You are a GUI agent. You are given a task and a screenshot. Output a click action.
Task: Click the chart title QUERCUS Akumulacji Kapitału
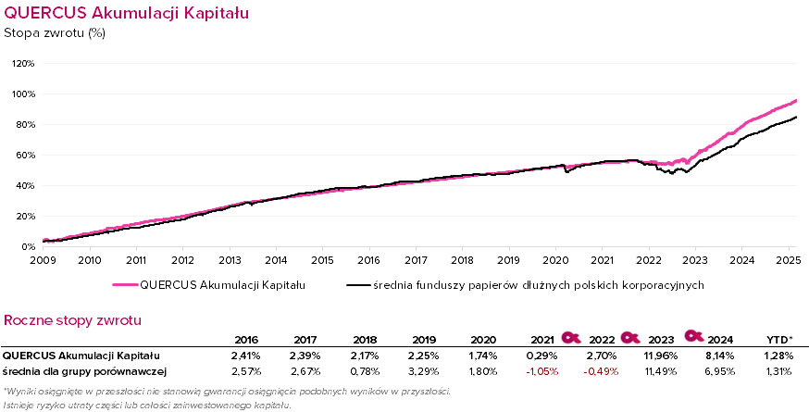pyautogui.click(x=126, y=14)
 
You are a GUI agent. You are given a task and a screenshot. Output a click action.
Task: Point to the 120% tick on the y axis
pyautogui.click(x=23, y=64)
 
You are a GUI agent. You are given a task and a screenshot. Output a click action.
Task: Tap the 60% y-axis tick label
pyautogui.click(x=24, y=156)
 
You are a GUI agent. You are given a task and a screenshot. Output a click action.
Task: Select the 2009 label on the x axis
pyautogui.click(x=43, y=260)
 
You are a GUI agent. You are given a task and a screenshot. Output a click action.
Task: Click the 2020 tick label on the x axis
pyautogui.click(x=555, y=260)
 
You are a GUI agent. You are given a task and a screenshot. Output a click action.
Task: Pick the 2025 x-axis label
pyautogui.click(x=788, y=260)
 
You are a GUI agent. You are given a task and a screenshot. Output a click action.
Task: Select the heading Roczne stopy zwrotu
pyautogui.click(x=73, y=320)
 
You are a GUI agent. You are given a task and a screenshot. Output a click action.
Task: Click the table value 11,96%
pyautogui.click(x=661, y=355)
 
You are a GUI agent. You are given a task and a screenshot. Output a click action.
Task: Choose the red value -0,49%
pyautogui.click(x=602, y=371)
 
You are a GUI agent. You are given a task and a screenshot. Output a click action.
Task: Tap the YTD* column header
pyautogui.click(x=780, y=339)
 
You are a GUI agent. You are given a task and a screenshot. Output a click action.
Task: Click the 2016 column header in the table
pyautogui.click(x=246, y=339)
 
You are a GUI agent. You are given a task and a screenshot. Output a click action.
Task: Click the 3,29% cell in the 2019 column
pyautogui.click(x=422, y=371)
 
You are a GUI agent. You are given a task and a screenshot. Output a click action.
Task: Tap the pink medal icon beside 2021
pyautogui.click(x=571, y=336)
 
